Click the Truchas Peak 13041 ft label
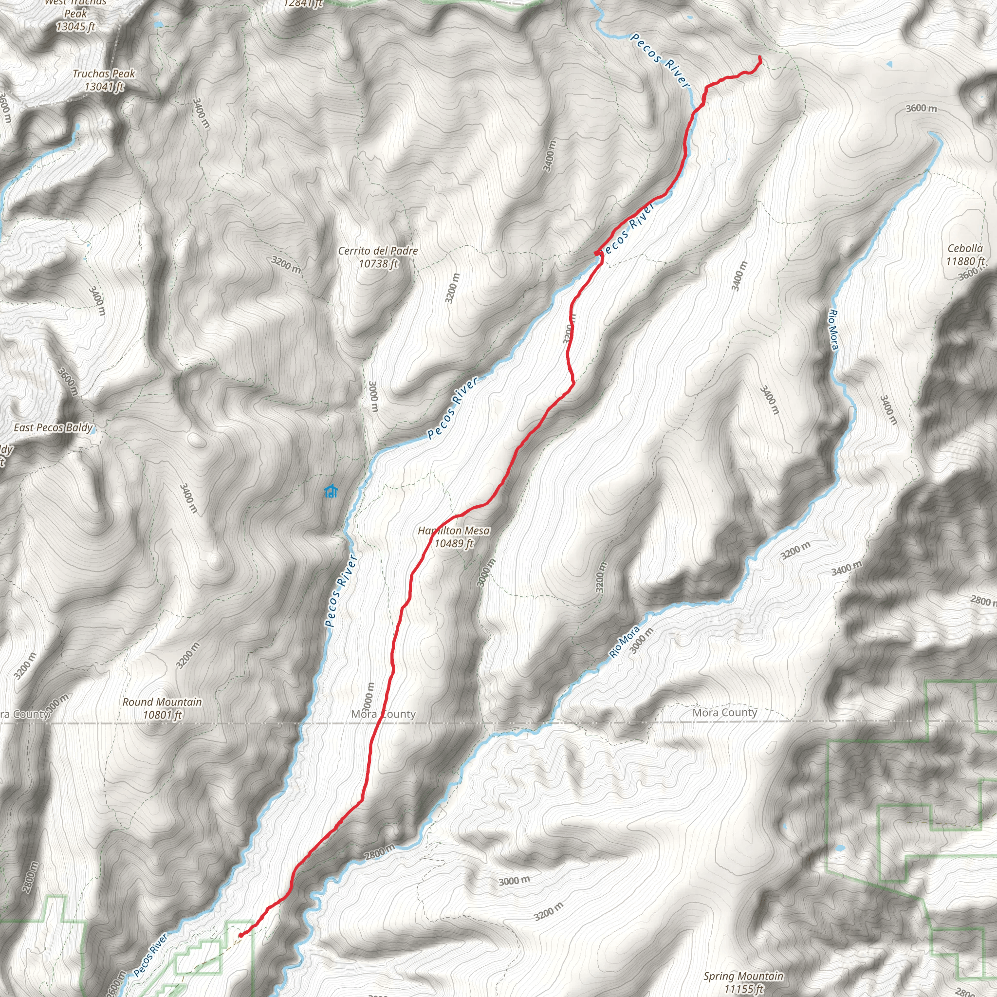(104, 80)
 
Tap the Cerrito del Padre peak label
(378, 257)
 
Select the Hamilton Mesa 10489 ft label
(454, 536)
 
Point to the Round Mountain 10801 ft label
(162, 708)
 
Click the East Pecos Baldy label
(53, 427)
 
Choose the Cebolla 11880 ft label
(964, 255)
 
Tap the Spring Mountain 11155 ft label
(743, 982)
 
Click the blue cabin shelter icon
(330, 491)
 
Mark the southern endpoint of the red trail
(241, 935)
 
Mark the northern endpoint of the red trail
(760, 57)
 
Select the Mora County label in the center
(383, 714)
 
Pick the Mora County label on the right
(724, 713)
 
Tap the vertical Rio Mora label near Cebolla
(833, 330)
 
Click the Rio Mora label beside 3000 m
(624, 642)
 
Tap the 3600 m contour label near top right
(921, 109)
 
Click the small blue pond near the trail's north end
(888, 65)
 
